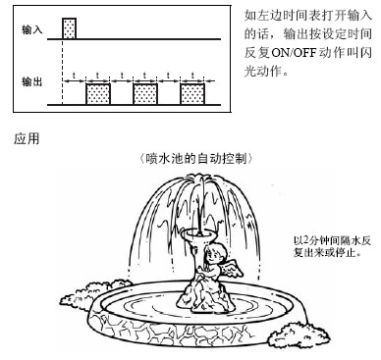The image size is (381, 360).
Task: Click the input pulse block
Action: tap(70, 28)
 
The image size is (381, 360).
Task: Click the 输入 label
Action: tap(32, 29)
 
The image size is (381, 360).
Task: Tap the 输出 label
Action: tap(32, 81)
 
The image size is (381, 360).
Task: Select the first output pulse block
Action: tap(98, 94)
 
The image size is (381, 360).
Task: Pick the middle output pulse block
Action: tap(145, 94)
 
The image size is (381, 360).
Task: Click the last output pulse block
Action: tap(192, 94)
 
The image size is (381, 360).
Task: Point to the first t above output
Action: tap(74, 76)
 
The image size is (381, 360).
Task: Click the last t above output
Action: tap(192, 76)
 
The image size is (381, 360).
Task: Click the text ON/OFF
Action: tap(294, 53)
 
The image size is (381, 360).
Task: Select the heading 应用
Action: tap(27, 138)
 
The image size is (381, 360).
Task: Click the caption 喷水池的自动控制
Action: tap(195, 159)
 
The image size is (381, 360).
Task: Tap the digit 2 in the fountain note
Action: tap(305, 240)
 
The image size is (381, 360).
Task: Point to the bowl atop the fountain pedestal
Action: tap(197, 235)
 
